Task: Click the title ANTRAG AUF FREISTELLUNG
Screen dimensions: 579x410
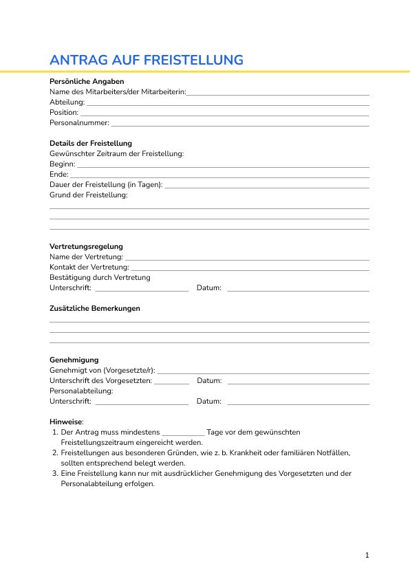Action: [147, 60]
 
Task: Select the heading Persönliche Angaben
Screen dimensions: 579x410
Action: [87, 81]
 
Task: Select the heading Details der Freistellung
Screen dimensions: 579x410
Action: [91, 143]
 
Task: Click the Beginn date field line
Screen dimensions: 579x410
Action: [223, 165]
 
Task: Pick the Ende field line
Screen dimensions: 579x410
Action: [220, 175]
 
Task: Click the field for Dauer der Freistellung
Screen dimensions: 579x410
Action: [267, 186]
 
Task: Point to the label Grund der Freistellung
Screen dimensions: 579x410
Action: [89, 195]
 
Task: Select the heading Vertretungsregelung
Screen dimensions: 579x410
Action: [86, 246]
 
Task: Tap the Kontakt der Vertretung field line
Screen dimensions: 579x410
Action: [250, 268]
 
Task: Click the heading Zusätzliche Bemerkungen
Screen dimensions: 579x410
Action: [95, 308]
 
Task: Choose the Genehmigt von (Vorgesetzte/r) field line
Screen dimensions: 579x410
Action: [263, 371]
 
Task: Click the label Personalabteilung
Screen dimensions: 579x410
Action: [81, 391]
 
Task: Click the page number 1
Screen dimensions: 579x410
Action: [367, 555]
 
